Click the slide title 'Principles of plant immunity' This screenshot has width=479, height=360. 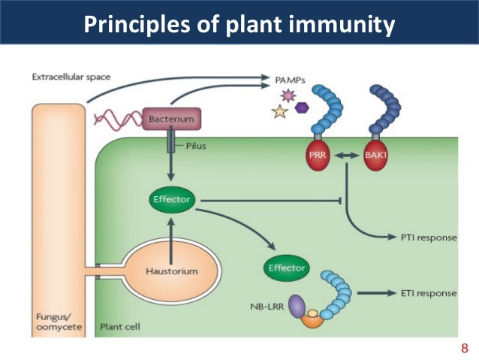239,24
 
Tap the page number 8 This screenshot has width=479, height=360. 463,348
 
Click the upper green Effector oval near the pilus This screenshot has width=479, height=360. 172,200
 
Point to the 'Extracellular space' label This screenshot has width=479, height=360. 67,77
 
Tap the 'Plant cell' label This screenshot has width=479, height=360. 120,328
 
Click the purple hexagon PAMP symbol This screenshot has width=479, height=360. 302,107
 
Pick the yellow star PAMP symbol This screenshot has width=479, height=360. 281,113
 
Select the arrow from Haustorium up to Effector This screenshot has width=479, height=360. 172,229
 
